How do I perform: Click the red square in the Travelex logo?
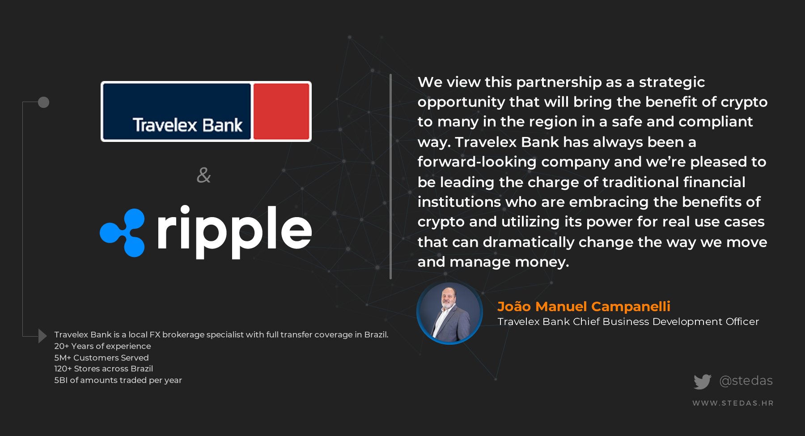[281, 111]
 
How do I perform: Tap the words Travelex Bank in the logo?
[187, 125]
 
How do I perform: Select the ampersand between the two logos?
[203, 175]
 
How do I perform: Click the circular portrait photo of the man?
[449, 312]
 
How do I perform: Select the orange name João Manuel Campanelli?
[584, 306]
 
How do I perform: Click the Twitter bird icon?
[702, 381]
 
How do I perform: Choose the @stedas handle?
[746, 380]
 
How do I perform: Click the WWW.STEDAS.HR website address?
[733, 403]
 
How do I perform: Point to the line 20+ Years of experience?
[102, 346]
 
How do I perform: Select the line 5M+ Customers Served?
[102, 358]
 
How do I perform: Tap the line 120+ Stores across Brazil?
[103, 368]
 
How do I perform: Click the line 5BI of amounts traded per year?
[118, 380]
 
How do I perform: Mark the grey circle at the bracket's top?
[43, 103]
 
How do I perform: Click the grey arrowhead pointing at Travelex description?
[42, 335]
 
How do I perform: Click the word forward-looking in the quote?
[477, 162]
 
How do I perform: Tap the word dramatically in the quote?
[529, 242]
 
